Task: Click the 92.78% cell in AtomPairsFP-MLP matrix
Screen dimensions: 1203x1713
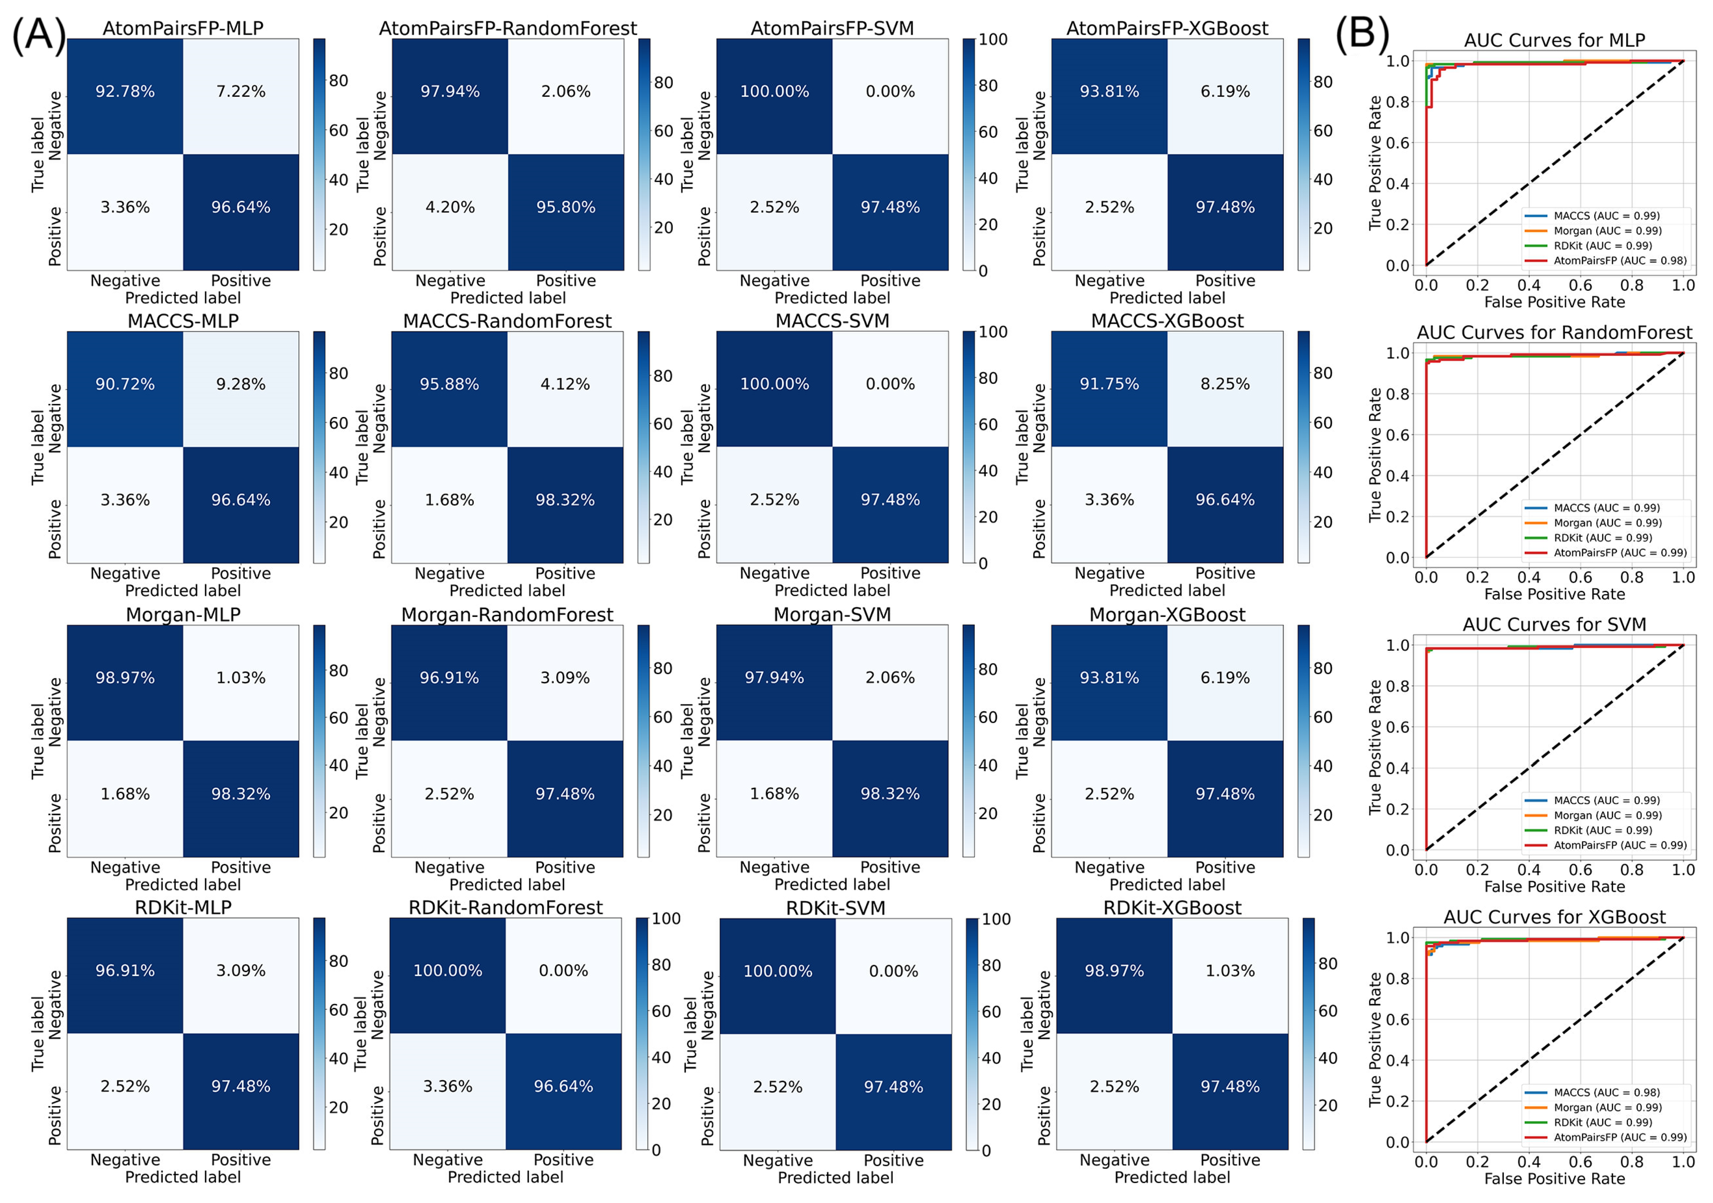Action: (125, 92)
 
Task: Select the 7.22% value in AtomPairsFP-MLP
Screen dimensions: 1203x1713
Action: (240, 92)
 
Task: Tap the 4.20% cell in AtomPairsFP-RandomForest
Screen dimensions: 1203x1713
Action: (450, 207)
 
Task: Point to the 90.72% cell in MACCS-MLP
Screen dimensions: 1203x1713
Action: (125, 384)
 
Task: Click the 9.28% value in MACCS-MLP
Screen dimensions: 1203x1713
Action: (240, 384)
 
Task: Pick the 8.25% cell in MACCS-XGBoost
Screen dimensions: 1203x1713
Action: (1225, 384)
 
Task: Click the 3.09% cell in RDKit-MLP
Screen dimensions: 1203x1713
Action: (240, 971)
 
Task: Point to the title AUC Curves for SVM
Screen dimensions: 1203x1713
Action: (1554, 625)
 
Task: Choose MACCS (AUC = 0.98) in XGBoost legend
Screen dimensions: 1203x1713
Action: (1606, 1092)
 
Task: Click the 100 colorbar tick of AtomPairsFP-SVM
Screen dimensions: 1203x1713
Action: (993, 39)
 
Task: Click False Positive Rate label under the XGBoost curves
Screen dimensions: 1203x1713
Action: (1554, 1179)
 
